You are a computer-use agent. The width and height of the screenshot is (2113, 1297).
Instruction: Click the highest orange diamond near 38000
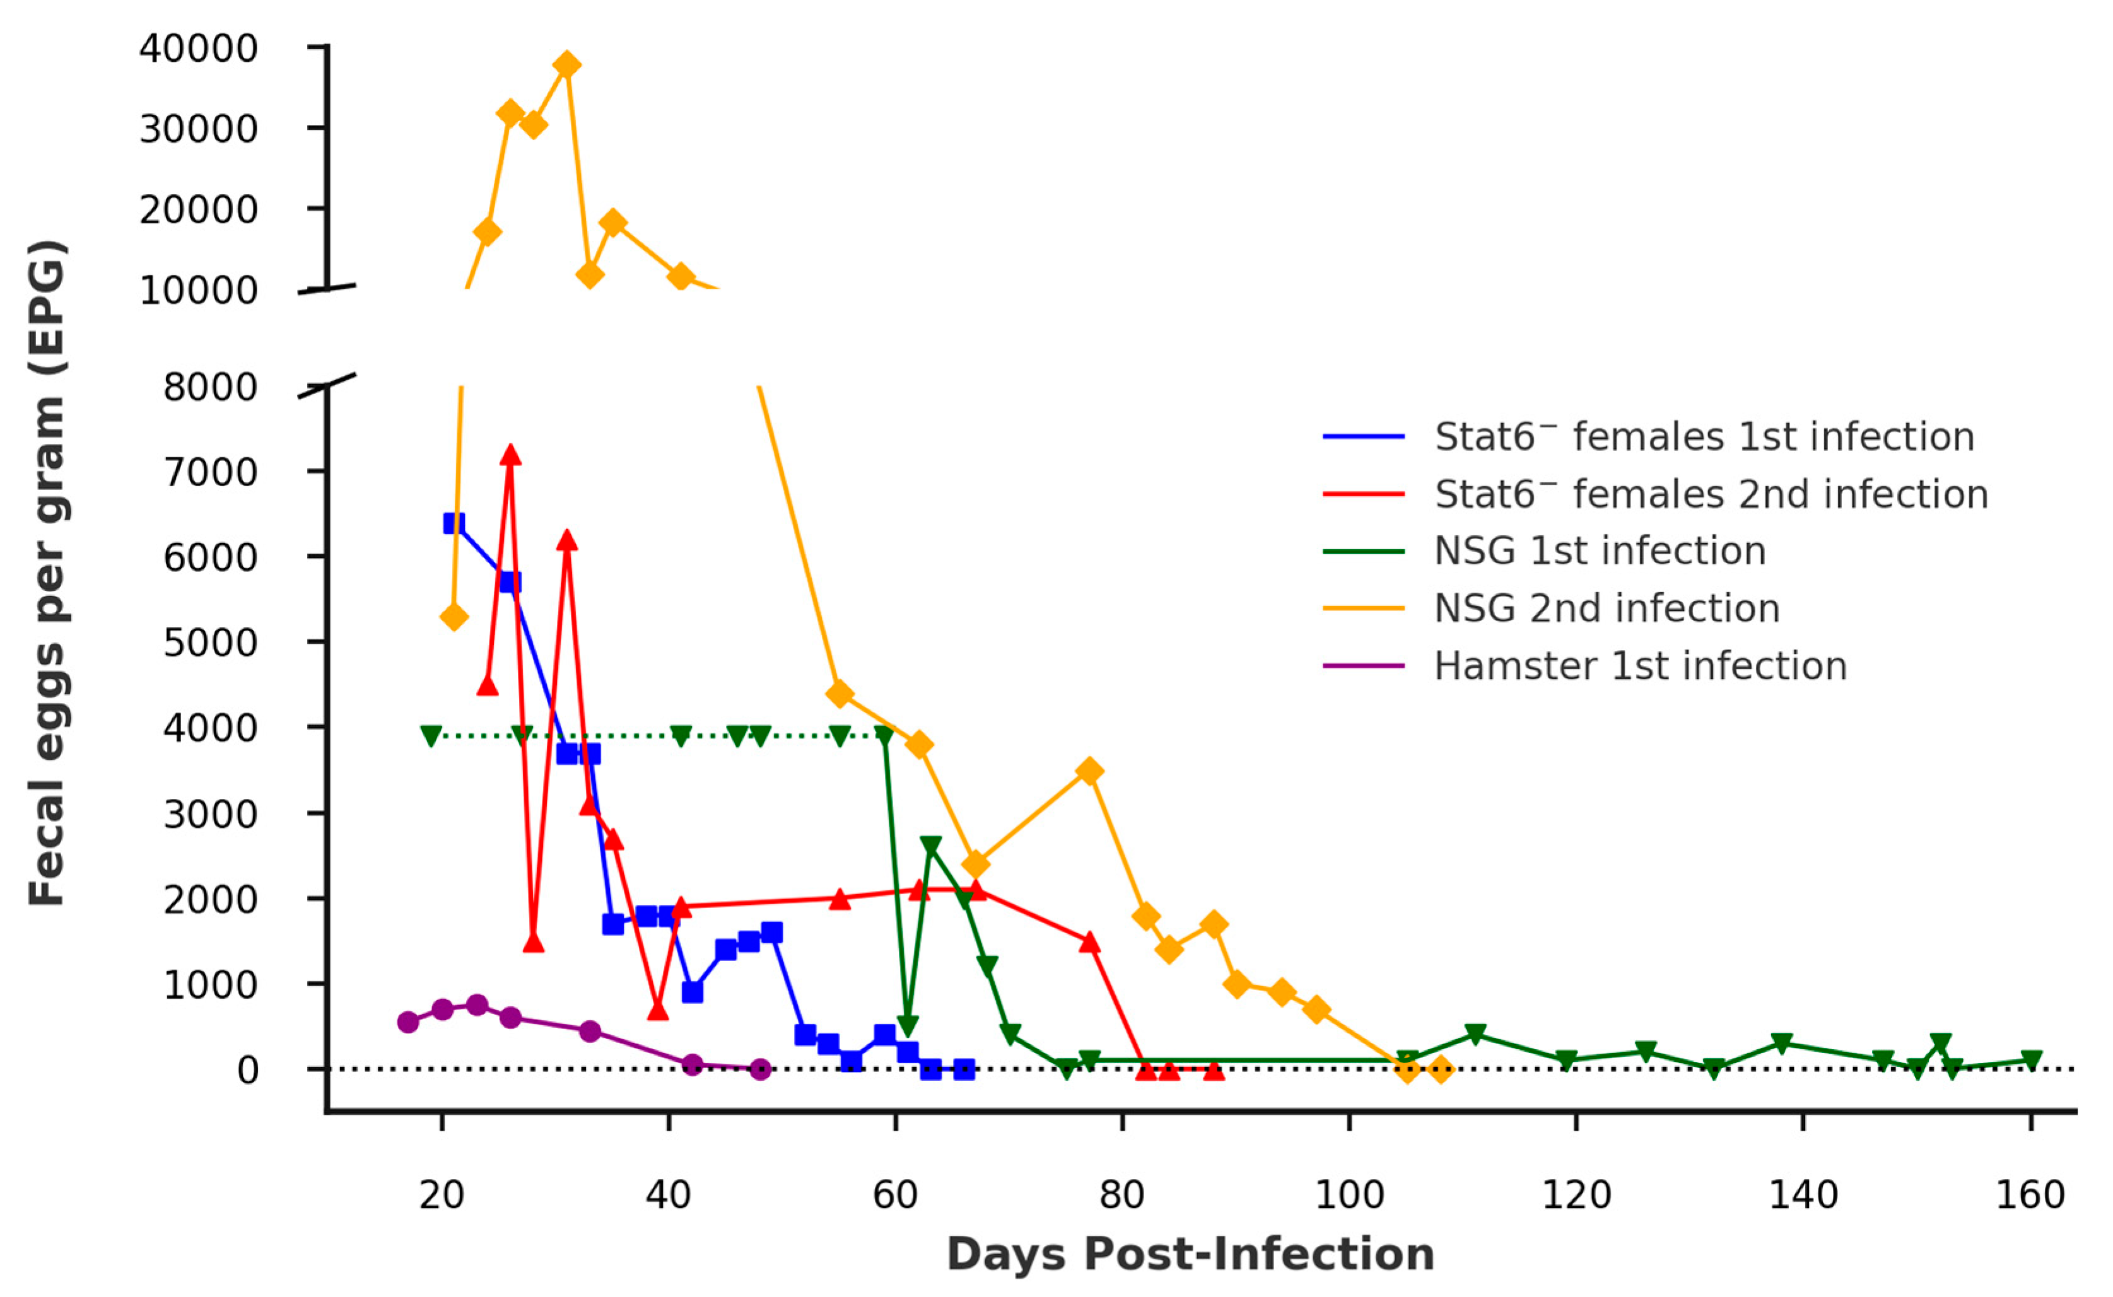(x=566, y=64)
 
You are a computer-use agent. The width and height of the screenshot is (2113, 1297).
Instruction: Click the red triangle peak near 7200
(x=510, y=455)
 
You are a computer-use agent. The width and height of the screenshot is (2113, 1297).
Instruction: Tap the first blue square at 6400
(x=454, y=523)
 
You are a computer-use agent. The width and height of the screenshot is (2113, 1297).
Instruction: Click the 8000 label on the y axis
(x=210, y=387)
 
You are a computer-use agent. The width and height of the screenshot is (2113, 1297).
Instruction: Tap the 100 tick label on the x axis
(x=1349, y=1195)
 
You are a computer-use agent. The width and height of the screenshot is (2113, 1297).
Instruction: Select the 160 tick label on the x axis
(x=2030, y=1195)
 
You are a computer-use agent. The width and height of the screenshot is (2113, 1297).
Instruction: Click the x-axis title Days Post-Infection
(x=1191, y=1254)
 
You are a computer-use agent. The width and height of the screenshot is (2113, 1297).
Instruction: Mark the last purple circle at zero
(x=759, y=1069)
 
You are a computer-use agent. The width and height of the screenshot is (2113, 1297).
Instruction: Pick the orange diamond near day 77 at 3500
(x=1089, y=771)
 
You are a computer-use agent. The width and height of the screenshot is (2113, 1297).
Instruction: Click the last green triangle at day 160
(x=2030, y=1061)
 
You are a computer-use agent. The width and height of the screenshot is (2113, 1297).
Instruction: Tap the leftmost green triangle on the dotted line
(x=431, y=736)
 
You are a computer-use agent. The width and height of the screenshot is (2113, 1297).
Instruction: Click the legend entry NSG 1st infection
(x=1599, y=550)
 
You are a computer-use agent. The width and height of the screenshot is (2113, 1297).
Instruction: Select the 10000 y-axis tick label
(x=198, y=290)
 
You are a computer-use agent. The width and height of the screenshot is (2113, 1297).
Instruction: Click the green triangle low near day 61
(x=908, y=1026)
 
